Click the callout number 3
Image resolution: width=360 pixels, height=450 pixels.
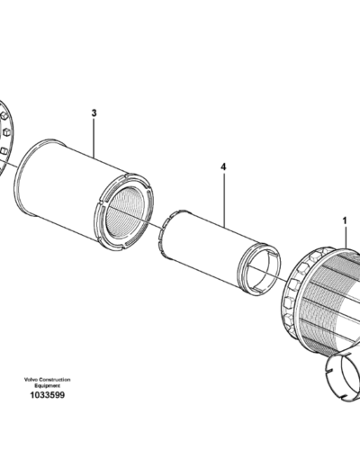(94, 114)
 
